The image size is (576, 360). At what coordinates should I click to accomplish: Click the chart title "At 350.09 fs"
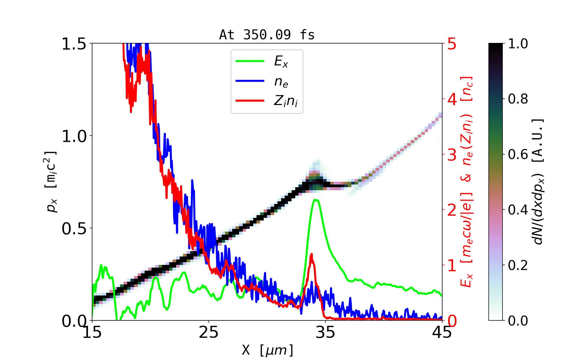[267, 35]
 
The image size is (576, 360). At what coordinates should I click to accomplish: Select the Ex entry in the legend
[281, 61]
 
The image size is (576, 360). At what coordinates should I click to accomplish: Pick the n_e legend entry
[281, 82]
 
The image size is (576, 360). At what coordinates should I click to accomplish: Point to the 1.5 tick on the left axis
[74, 44]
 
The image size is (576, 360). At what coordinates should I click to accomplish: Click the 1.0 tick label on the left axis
[74, 136]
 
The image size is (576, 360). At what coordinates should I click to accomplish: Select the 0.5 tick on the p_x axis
[74, 229]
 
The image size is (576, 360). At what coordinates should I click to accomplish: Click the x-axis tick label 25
[208, 332]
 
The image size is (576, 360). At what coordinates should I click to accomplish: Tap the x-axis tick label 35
[325, 332]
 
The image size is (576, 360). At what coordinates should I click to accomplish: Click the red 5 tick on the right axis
[452, 44]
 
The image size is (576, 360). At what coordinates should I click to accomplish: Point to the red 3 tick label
[452, 155]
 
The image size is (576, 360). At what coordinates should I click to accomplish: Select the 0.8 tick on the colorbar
[518, 99]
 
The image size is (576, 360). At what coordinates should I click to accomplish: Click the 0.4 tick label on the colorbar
[518, 210]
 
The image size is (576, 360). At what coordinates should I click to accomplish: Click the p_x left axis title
[51, 182]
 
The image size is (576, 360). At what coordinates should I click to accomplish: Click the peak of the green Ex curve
[316, 199]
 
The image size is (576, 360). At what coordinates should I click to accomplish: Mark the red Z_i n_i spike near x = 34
[311, 254]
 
